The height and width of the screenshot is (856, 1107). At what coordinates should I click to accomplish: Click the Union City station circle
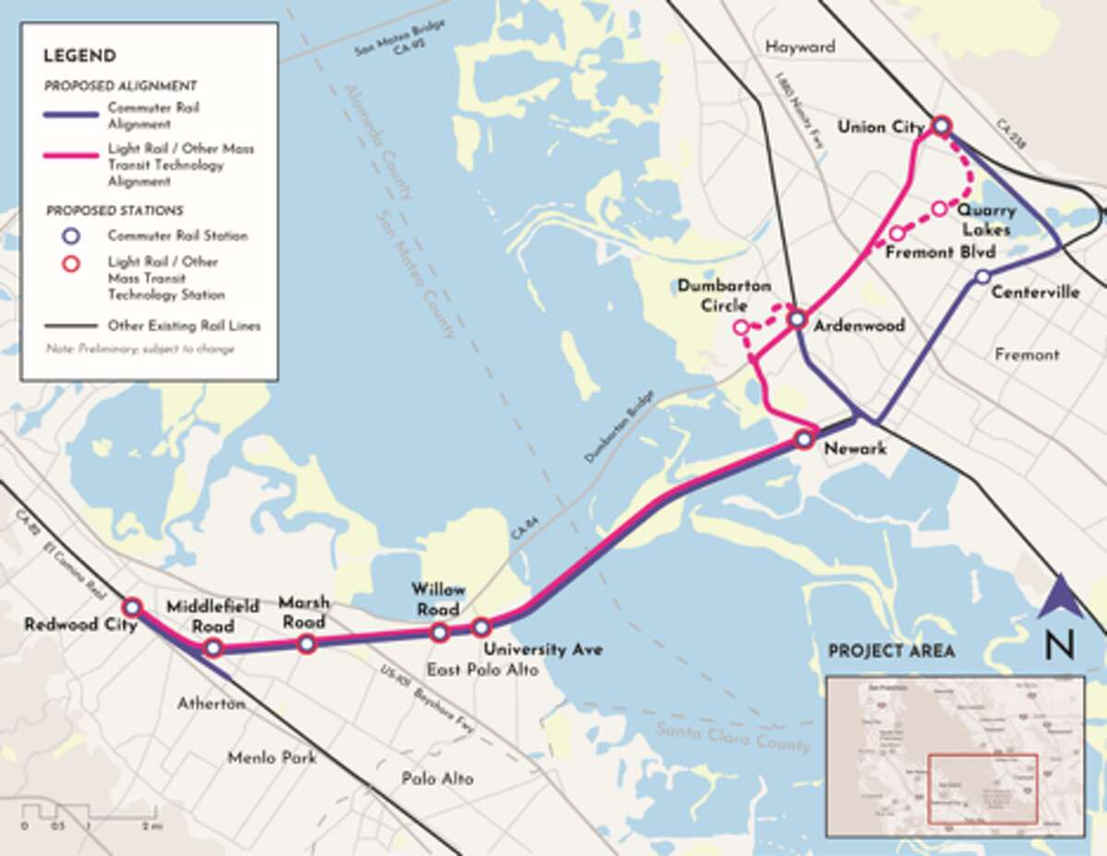tap(941, 125)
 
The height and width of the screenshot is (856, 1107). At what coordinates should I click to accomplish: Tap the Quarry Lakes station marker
tap(939, 208)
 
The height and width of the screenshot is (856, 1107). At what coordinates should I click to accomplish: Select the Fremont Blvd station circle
tap(897, 233)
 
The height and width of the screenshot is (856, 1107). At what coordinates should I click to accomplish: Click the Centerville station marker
tap(982, 276)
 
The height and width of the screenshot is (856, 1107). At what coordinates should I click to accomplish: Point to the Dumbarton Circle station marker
tap(740, 327)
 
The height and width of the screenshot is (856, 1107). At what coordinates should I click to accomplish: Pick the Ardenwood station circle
tap(797, 319)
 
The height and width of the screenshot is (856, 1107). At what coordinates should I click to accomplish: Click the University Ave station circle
tap(481, 628)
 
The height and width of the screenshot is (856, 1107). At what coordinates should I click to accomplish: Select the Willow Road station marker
tap(439, 632)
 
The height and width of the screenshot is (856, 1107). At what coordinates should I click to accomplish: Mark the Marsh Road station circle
tap(306, 643)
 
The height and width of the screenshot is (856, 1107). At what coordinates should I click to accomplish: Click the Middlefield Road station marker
tap(213, 648)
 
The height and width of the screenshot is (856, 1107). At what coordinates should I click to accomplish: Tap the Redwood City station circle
tap(132, 607)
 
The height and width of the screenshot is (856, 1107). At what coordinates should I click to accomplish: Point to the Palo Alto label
tap(437, 779)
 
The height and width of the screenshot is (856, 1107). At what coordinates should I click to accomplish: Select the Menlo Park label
tap(272, 757)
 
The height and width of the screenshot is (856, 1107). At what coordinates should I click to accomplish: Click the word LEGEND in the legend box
tap(79, 54)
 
